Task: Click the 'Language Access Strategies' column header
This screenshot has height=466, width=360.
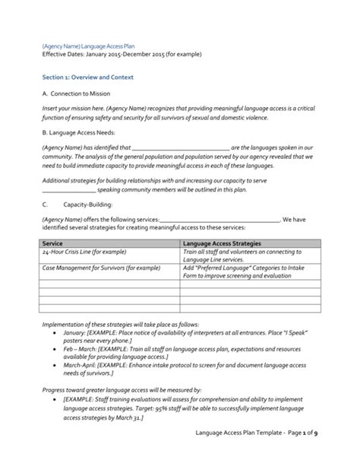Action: click(221, 242)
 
